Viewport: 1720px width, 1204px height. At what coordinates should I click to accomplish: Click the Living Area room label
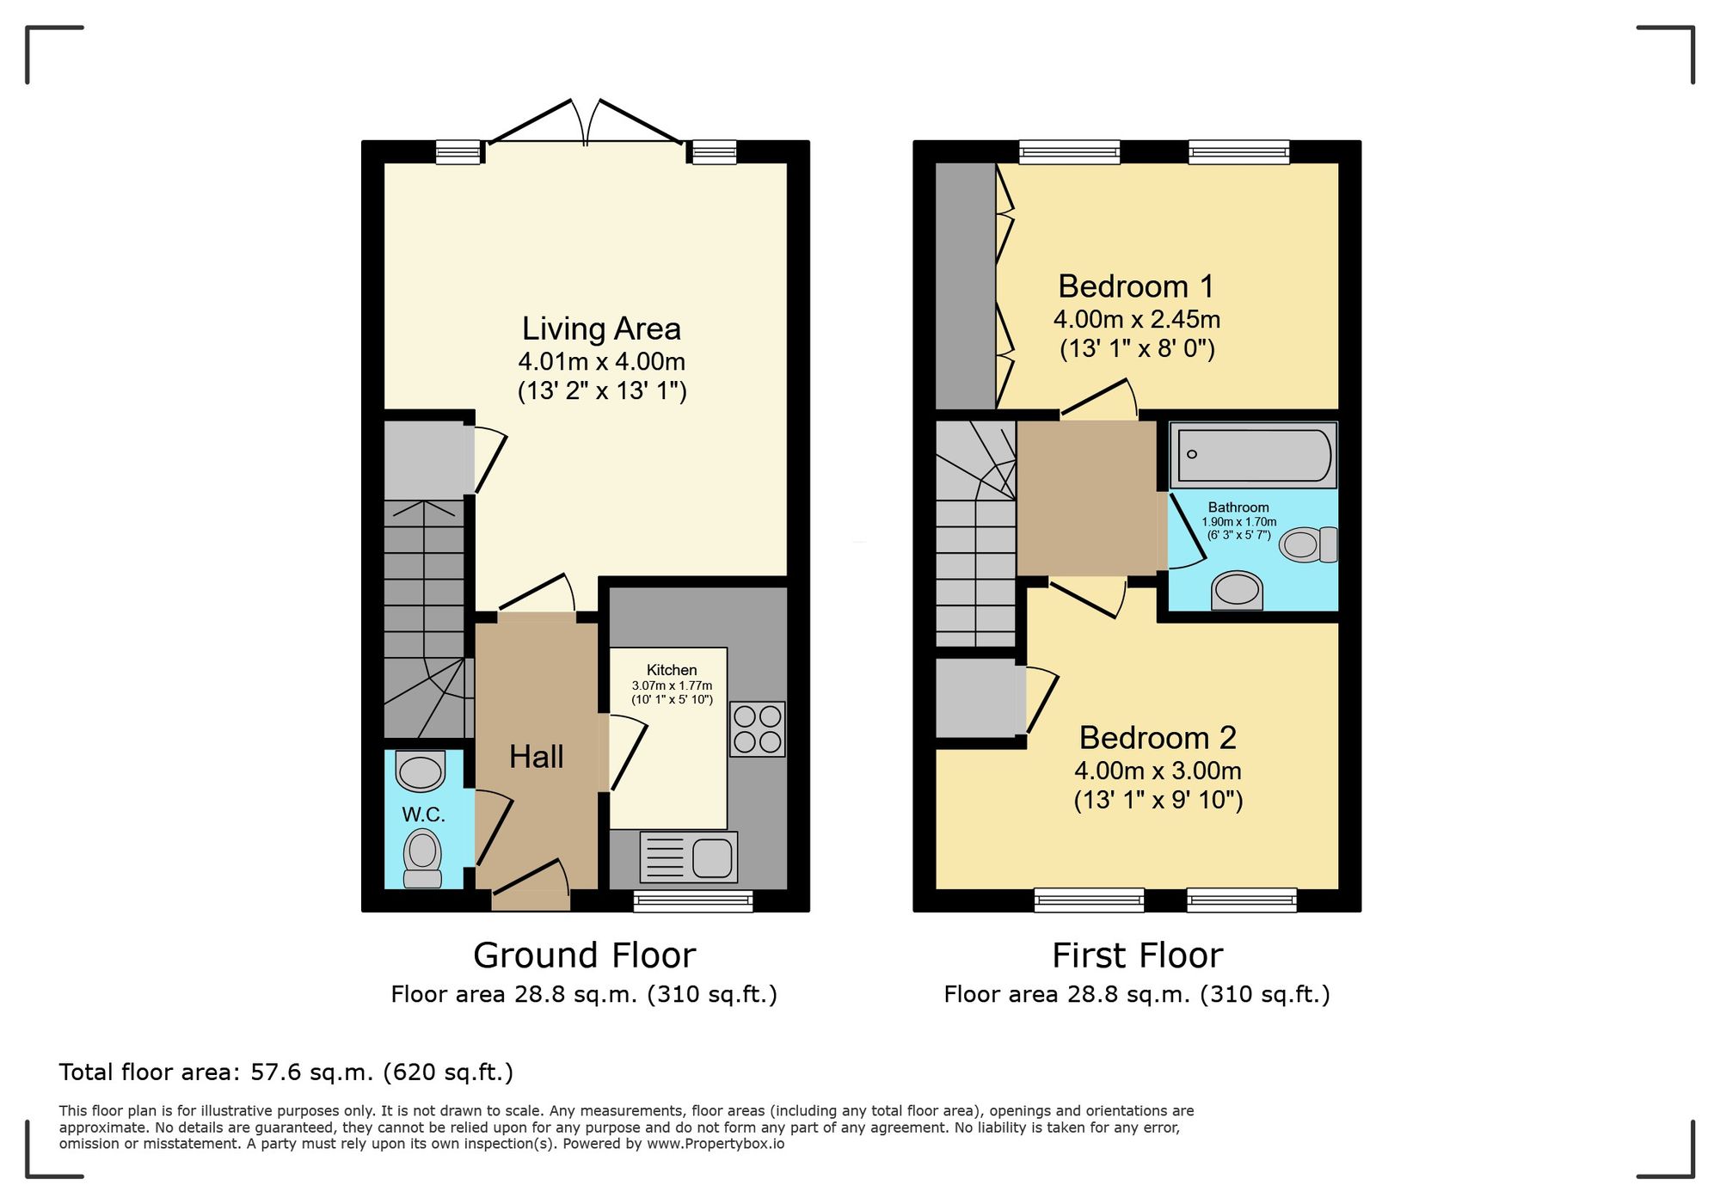click(x=601, y=329)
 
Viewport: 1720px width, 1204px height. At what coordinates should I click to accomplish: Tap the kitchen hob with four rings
click(x=758, y=729)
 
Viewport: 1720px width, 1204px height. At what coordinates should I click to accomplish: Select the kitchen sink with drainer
click(x=689, y=857)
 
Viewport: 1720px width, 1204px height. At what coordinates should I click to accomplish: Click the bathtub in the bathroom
click(x=1254, y=455)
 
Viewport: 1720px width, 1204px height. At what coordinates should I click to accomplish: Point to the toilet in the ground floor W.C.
click(x=422, y=855)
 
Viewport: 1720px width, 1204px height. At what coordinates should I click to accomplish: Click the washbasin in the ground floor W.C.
click(x=421, y=771)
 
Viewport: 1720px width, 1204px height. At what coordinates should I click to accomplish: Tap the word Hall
click(x=536, y=757)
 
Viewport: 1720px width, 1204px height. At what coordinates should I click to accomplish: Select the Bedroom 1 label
click(x=1136, y=286)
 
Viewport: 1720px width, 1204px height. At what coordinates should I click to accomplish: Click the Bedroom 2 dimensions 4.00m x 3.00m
click(x=1158, y=771)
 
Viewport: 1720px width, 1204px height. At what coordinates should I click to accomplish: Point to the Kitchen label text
click(x=672, y=670)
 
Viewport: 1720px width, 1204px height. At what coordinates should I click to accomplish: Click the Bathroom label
click(x=1238, y=507)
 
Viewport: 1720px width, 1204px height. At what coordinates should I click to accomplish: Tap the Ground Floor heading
click(x=584, y=955)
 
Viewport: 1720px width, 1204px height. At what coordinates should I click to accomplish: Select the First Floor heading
click(x=1137, y=955)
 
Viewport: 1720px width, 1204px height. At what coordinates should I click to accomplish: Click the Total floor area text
click(x=286, y=1072)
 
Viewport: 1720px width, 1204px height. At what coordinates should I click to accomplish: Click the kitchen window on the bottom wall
click(x=693, y=901)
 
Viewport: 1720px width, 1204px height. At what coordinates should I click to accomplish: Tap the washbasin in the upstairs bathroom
click(x=1238, y=591)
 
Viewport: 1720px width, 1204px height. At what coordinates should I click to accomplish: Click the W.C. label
click(x=423, y=814)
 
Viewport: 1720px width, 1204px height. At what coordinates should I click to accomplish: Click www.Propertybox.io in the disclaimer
click(x=716, y=1145)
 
